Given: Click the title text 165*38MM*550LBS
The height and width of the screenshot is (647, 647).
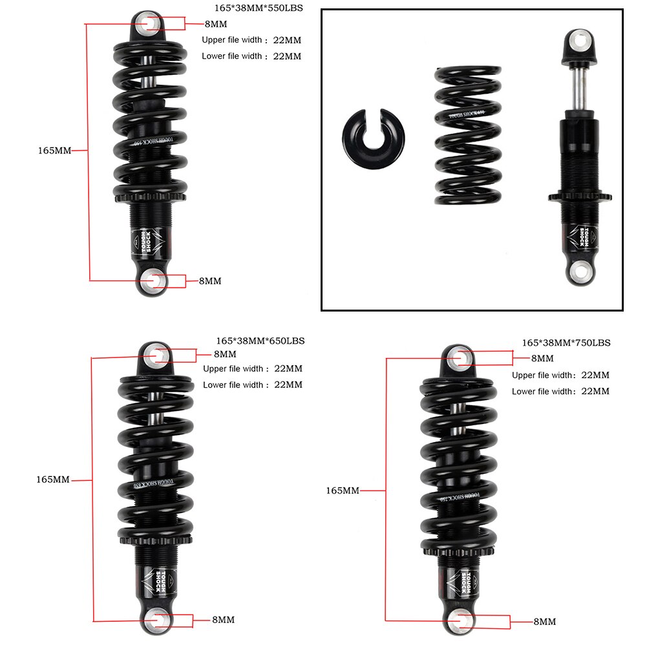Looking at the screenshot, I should (x=258, y=8).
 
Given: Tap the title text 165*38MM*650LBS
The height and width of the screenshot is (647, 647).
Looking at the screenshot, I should (x=260, y=340).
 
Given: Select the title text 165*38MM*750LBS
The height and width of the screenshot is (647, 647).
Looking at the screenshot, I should (x=566, y=343).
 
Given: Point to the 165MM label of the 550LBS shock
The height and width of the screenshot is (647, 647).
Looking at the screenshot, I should (x=54, y=150).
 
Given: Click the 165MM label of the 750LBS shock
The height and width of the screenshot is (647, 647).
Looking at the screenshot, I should (x=343, y=491).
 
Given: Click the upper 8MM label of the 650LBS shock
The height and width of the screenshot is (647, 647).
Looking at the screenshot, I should (x=225, y=354).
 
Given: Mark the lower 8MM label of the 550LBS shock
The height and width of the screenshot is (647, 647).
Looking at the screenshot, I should (x=210, y=281).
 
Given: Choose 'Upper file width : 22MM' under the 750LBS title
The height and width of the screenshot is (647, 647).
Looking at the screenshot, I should (x=560, y=375).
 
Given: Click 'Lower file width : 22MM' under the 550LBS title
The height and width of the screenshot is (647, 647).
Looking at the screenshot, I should (x=251, y=56).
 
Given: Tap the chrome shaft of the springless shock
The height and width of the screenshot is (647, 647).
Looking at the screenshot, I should (x=580, y=87).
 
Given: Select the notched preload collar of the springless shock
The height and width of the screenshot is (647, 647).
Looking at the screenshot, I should (x=579, y=196).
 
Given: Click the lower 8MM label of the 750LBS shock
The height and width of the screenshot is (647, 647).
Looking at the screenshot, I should (x=544, y=622).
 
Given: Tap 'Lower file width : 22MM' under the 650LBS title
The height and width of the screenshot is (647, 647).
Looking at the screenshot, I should (x=253, y=385).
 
